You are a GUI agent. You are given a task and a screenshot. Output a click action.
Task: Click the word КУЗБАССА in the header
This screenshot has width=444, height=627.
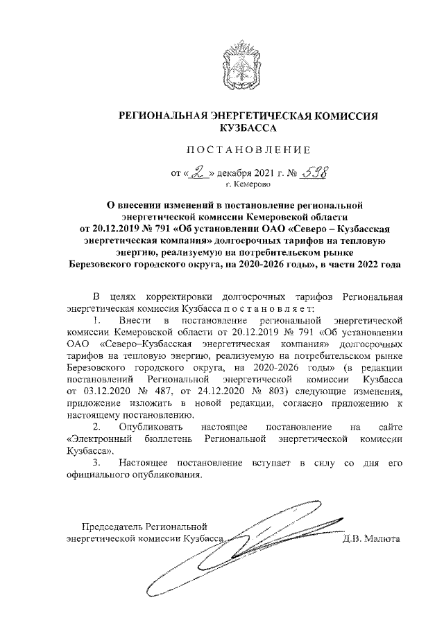click(248, 128)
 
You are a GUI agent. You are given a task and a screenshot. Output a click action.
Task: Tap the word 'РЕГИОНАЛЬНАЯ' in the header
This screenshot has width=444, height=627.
click(160, 116)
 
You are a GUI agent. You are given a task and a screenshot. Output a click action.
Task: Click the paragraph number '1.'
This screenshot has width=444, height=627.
click(97, 320)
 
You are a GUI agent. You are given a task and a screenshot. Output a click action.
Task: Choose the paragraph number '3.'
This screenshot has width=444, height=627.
click(97, 462)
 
